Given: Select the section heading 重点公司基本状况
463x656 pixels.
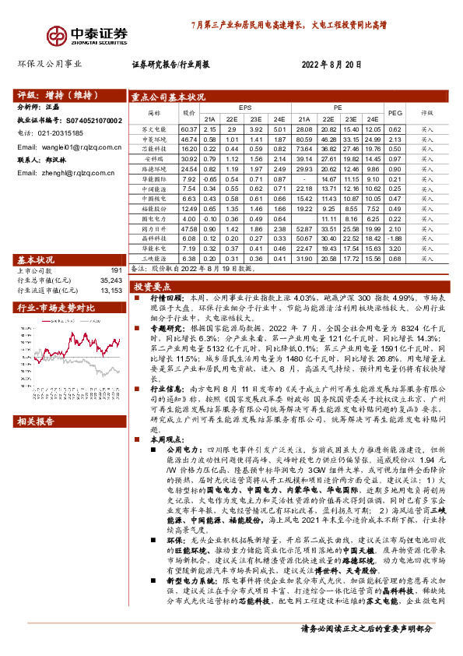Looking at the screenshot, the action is [168, 97].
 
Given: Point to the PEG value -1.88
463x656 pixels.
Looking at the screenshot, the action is [395, 238].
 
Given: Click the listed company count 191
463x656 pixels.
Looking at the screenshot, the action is [117, 271].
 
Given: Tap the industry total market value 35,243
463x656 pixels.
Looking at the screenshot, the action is [112, 280].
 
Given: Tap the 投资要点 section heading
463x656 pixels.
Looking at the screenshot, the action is [148, 287].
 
